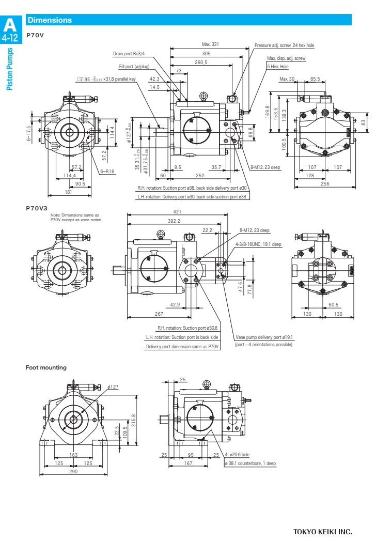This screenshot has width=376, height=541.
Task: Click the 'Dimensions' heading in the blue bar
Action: click(50, 20)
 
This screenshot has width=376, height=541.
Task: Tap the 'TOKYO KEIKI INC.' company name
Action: click(322, 532)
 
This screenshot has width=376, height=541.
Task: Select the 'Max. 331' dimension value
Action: click(210, 44)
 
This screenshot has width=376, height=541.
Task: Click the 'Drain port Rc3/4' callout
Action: click(129, 54)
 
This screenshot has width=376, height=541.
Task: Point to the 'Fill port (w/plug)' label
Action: click(134, 67)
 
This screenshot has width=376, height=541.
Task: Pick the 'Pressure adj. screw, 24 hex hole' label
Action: click(284, 45)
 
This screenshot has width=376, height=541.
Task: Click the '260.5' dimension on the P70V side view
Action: click(201, 62)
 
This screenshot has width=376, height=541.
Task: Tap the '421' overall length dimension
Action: click(177, 212)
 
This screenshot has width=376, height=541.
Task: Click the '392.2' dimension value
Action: click(174, 221)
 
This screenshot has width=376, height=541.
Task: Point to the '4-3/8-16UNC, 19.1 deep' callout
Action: click(258, 244)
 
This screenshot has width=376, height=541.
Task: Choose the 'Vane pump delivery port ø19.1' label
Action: click(264, 337)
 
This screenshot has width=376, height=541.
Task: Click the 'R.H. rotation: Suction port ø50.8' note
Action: click(187, 328)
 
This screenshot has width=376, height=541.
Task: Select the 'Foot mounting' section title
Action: click(46, 367)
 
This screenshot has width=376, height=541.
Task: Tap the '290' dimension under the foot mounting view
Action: click(74, 472)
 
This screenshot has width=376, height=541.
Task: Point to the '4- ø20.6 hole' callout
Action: click(237, 455)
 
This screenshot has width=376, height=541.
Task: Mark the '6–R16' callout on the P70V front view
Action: click(107, 171)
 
